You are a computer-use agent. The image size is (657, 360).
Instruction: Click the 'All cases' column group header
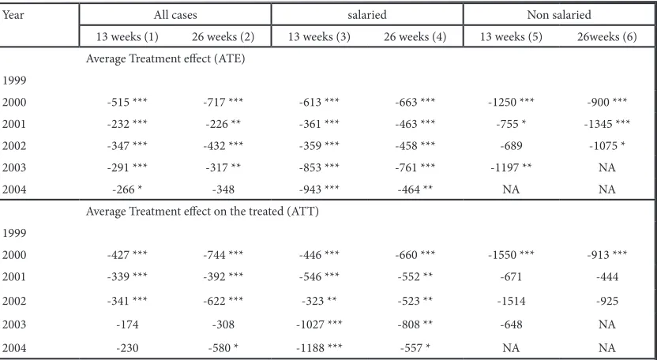175,15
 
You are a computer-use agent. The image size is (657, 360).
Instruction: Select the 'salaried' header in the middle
367,15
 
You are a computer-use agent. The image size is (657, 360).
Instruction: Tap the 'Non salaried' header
559,15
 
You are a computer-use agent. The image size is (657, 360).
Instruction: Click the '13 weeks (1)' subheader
127,37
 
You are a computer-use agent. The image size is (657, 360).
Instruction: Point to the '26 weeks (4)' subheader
415,37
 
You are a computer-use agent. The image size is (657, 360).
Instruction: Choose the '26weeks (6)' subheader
606,37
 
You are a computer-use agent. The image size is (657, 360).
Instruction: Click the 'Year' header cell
13,15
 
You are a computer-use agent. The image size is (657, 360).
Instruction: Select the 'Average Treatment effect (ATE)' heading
166,58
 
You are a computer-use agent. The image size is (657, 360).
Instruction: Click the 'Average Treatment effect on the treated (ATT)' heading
202,212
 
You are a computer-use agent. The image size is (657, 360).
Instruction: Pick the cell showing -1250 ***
511,103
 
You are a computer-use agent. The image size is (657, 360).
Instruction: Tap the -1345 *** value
606,124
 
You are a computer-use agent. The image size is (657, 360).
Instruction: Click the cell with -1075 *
606,146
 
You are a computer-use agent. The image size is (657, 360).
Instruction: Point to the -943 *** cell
319,189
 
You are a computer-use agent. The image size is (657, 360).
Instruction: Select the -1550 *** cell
511,255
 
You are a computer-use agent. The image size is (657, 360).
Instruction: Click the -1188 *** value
319,348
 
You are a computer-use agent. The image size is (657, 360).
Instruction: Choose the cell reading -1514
511,301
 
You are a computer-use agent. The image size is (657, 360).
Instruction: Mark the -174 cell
127,324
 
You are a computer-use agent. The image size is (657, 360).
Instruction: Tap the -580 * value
223,348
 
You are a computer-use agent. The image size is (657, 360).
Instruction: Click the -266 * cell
127,189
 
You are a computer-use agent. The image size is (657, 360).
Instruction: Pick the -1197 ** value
511,167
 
